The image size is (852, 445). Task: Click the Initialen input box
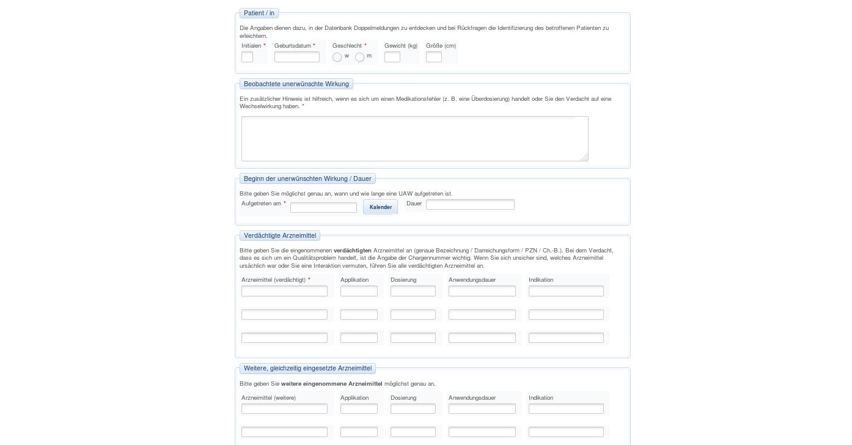pos(247,57)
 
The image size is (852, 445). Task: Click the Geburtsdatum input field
pos(296,57)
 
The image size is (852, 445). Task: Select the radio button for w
pos(337,57)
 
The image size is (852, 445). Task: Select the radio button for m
pos(360,57)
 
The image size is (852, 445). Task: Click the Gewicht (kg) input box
pos(392,57)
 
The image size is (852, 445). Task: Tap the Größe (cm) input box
pos(433,57)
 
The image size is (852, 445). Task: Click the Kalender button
pos(380,207)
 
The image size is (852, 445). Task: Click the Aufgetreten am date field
pos(323,208)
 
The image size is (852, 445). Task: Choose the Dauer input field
pos(470,205)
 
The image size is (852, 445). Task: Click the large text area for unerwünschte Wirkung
pos(414,139)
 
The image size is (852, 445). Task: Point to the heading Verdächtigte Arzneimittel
pos(280,235)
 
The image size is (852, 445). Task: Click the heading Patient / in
pos(259,13)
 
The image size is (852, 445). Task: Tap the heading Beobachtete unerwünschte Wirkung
pos(296,84)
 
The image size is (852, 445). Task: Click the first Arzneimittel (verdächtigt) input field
pos(284,292)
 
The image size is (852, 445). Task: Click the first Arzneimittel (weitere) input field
pos(284,409)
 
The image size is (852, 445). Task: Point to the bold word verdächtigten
pos(353,251)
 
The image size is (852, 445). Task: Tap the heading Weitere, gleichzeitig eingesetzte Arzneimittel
pos(307,368)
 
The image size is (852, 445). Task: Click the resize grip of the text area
pos(584,158)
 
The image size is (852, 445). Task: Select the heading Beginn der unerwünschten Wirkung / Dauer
pos(307,178)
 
